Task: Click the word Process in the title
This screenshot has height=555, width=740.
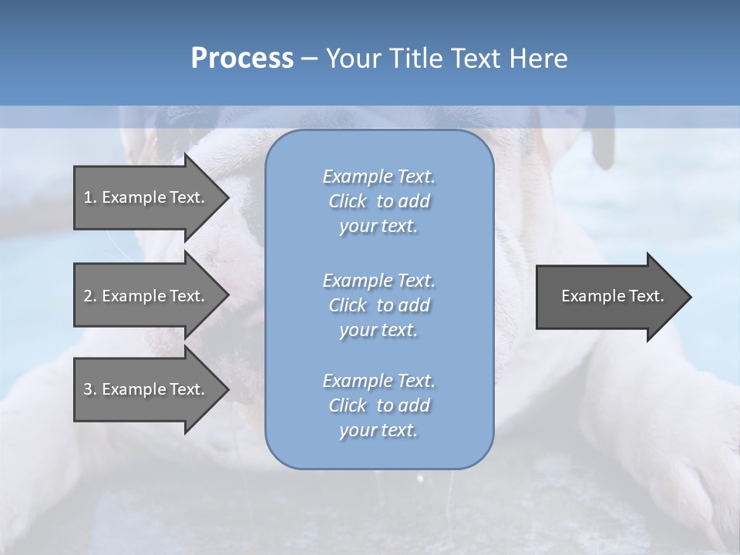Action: [242, 59]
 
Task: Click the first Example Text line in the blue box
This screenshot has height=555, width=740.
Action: [378, 177]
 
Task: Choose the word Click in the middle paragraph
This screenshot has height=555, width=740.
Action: [348, 305]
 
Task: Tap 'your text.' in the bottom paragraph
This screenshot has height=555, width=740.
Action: [378, 430]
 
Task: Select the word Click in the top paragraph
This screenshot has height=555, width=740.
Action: [348, 201]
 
